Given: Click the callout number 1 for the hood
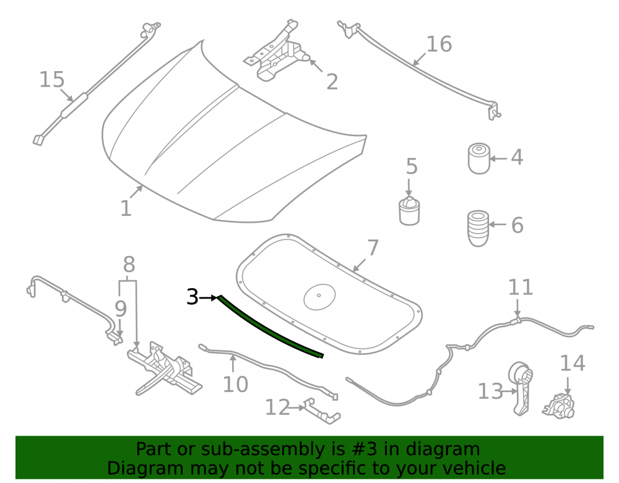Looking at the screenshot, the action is point(126,208).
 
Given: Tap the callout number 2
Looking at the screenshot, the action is point(332,82).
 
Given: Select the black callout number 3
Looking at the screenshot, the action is point(193,297).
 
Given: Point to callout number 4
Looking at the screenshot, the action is point(517,157).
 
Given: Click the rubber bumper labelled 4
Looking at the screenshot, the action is point(479,158).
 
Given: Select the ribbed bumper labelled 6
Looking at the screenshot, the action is point(478,228).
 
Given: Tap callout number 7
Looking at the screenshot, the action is point(373,248).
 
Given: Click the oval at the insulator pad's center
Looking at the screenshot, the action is point(319,296).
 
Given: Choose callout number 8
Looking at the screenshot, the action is point(129,265).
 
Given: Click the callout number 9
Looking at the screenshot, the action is point(121,309).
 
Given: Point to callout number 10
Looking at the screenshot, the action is point(235,384).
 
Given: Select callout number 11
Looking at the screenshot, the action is point(521,288).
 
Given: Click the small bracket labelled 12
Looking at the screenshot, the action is point(322,411).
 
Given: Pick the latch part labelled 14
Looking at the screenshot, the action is point(558,406).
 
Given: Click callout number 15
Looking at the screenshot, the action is point(52,80).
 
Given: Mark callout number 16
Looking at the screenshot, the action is point(439,44).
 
